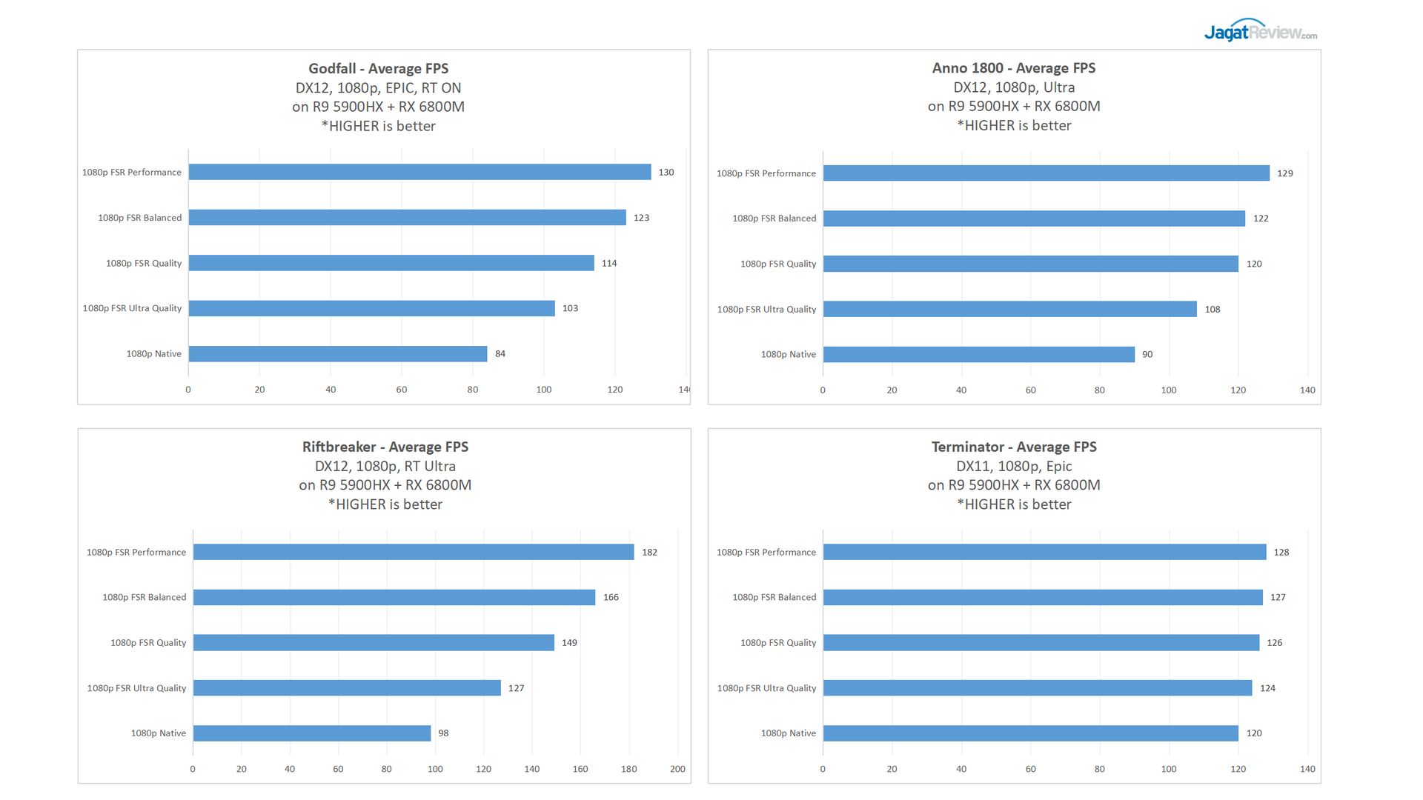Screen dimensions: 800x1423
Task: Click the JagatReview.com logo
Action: click(1260, 31)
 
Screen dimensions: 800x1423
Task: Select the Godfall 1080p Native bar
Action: click(338, 354)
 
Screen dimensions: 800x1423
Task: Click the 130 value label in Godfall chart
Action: click(666, 173)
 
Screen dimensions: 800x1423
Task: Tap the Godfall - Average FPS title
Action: click(378, 68)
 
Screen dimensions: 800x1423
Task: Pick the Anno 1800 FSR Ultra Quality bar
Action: click(1009, 310)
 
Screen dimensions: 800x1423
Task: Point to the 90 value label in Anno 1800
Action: click(1147, 355)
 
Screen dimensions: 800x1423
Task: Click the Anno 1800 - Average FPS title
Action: click(1013, 68)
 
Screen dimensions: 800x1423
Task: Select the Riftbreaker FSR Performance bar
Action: click(414, 553)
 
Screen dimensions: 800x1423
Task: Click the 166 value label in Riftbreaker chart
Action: click(611, 598)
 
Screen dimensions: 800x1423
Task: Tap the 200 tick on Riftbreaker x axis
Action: click(677, 769)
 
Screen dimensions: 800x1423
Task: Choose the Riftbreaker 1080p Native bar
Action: click(312, 733)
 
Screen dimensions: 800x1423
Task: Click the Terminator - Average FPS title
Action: click(1013, 447)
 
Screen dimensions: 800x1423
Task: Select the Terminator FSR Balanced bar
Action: click(1043, 598)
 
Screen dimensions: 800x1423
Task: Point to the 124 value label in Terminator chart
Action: click(1267, 688)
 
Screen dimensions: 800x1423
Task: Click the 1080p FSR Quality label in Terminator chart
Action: click(777, 643)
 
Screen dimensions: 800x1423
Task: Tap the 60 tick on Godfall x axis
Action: click(401, 390)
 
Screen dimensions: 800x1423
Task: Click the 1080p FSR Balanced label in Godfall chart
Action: click(139, 218)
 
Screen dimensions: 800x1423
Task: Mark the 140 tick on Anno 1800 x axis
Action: click(1307, 390)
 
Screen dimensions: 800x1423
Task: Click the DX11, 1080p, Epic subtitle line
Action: click(1013, 466)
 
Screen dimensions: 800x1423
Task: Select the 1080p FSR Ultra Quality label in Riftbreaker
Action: click(136, 688)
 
